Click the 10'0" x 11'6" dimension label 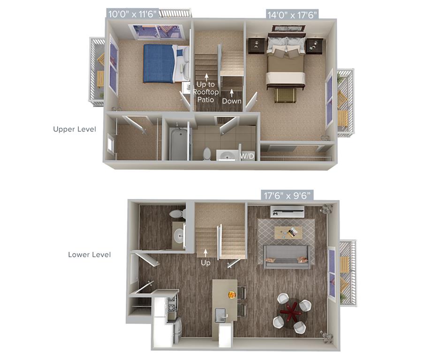pos(132,14)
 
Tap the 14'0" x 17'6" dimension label pos(292,15)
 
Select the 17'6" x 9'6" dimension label pos(287,195)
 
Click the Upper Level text pos(75,129)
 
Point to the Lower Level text pos(90,255)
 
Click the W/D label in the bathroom pos(247,157)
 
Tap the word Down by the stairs pos(232,101)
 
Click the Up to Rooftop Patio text pos(206,92)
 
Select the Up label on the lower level pos(205,263)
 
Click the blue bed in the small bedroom pos(160,64)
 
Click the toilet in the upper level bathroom pos(207,154)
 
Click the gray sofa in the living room pos(287,256)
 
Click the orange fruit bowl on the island pos(232,295)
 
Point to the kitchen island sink pos(221,315)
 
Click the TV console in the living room pos(288,211)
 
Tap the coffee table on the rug pos(288,232)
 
